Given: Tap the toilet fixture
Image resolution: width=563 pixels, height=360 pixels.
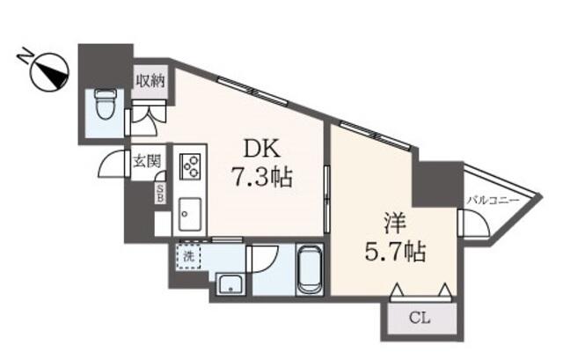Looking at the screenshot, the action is click(106, 105).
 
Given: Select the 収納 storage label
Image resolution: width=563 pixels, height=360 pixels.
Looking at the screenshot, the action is click(150, 81).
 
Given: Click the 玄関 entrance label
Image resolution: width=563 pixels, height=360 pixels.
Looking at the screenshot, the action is click(146, 161).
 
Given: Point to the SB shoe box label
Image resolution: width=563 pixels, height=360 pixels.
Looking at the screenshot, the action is click(160, 193).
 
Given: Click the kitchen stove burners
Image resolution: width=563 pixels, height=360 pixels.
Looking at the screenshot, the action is click(190, 165).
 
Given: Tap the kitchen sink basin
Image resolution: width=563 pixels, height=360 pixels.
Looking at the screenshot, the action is click(190, 215).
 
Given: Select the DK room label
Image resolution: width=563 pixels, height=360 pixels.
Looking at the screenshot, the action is click(262, 149).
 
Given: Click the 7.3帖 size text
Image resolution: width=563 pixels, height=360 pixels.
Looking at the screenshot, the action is click(262, 177).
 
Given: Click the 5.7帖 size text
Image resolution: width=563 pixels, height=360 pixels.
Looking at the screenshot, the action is click(395, 252).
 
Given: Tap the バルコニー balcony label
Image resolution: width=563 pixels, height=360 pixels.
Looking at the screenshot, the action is click(493, 201).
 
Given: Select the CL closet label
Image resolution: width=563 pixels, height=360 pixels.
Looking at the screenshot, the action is click(420, 318).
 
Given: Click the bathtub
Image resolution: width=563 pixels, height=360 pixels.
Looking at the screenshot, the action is click(310, 269).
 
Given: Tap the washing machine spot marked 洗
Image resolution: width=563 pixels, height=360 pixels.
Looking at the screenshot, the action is click(188, 256).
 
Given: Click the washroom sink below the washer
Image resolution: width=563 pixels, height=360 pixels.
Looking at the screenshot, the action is click(230, 284).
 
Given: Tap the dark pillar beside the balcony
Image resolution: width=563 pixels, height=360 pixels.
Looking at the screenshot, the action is click(438, 183).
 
